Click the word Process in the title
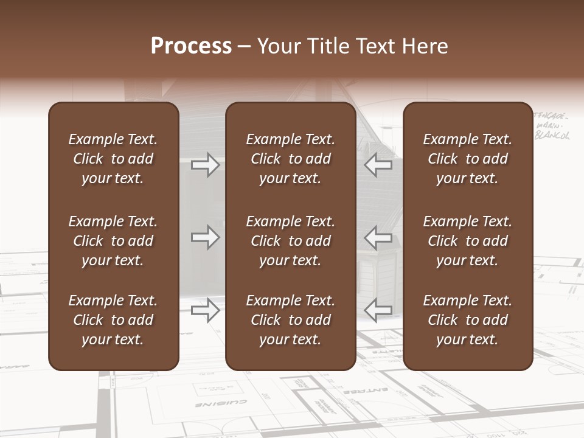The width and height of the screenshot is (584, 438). [x=191, y=46]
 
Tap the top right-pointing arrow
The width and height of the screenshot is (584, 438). [x=205, y=165]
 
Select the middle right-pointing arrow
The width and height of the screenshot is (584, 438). [x=205, y=237]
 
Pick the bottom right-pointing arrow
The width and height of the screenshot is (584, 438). [x=205, y=310]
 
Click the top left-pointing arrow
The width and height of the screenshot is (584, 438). [x=378, y=165]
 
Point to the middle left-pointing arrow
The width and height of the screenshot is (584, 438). [x=378, y=237]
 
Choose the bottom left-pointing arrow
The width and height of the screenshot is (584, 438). [x=378, y=310]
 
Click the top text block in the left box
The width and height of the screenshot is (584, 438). [x=113, y=159]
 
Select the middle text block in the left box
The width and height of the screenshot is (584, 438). [x=113, y=241]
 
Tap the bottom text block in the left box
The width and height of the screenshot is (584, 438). [x=113, y=320]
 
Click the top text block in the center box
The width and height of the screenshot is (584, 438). [x=290, y=159]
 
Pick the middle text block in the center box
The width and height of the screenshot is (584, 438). [x=290, y=241]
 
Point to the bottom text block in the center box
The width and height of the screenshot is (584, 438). [x=290, y=320]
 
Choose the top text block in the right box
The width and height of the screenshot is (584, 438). [x=467, y=159]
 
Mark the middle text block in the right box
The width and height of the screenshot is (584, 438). [x=467, y=241]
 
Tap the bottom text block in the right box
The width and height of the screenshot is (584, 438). [x=467, y=320]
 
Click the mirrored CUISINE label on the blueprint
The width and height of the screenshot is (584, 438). [x=221, y=403]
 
